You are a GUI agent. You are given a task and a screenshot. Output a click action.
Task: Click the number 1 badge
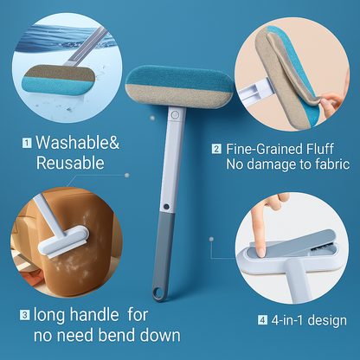pos(28,142)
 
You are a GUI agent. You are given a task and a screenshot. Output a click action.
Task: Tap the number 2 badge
pos(215,148)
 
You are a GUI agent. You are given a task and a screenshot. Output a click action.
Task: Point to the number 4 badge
pos(262,321)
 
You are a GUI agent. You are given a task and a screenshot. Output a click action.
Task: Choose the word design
pos(328,321)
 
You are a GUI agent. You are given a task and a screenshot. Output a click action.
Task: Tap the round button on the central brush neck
pos(174,113)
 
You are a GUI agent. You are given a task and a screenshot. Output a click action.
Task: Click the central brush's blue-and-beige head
pos(173,85)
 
